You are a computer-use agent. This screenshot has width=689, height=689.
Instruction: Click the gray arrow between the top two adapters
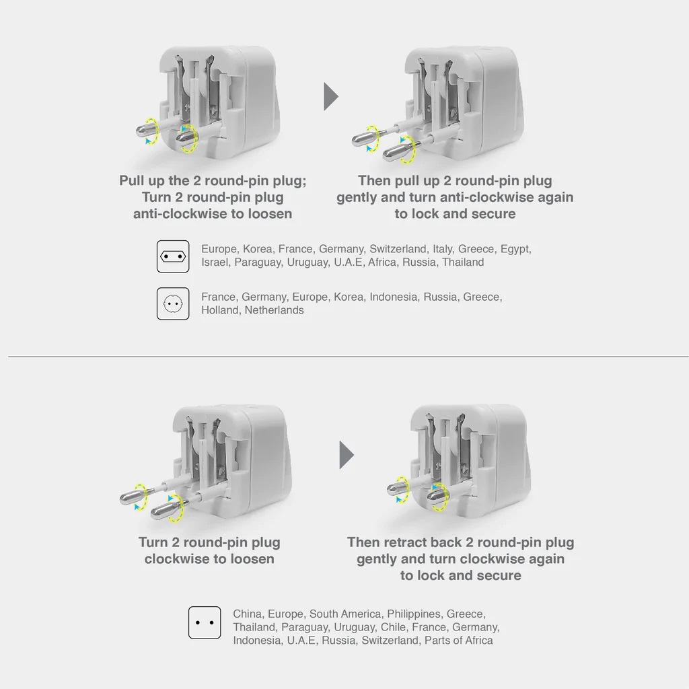[330, 97]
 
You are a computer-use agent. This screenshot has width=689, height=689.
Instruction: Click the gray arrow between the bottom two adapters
[346, 456]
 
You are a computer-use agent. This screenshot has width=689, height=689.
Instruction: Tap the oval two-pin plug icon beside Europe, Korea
[173, 256]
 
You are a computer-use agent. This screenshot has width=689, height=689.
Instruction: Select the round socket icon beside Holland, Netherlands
[173, 304]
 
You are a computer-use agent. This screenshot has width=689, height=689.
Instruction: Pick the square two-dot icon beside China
[205, 622]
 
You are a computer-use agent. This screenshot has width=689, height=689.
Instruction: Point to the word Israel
[215, 262]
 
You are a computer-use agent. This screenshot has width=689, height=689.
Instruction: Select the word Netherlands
[274, 310]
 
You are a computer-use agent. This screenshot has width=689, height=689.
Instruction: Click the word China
[247, 614]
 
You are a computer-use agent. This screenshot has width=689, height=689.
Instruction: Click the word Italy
[442, 249]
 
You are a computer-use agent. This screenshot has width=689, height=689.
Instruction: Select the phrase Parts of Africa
[458, 641]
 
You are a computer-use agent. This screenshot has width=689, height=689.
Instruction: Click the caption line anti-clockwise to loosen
[213, 214]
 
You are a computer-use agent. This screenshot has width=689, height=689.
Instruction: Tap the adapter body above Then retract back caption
[471, 444]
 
